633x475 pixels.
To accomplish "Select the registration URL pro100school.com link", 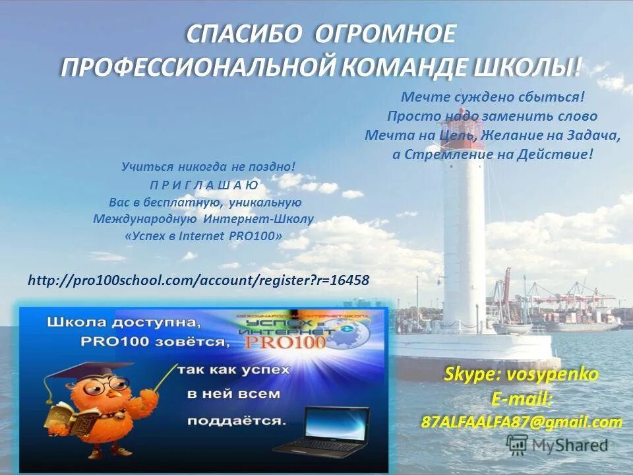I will point(198,280).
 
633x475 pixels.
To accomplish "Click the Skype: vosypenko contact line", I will point(521,375).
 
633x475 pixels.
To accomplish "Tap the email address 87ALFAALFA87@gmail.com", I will point(522,422).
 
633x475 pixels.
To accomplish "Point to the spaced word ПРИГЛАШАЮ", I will point(204,185).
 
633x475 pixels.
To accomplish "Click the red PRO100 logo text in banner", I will point(285,343).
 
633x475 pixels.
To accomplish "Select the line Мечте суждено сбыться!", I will point(493,97).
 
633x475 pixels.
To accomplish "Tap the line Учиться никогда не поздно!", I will point(208,168).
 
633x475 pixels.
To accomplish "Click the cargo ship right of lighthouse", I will point(580,320).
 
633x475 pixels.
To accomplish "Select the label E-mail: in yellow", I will point(522,399).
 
